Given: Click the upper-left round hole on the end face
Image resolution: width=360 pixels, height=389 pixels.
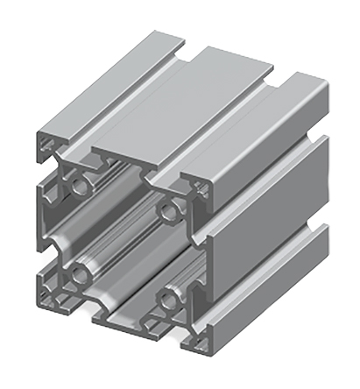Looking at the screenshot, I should click(80, 185).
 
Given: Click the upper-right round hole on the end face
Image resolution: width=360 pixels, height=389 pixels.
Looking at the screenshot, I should click(167, 209).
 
